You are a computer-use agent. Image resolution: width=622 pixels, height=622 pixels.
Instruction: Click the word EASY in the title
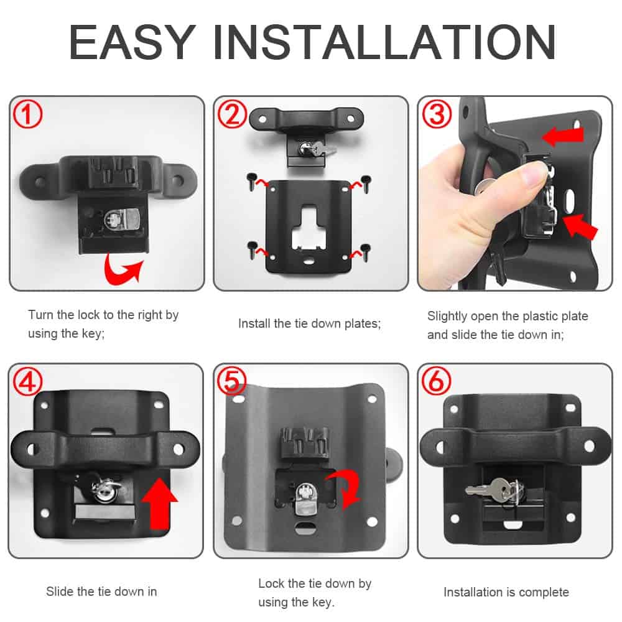point(131,42)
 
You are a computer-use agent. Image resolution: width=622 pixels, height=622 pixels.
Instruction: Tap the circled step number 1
point(28,114)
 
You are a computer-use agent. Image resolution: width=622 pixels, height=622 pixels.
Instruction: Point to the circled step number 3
point(437,114)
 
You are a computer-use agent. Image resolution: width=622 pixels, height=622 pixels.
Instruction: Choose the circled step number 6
point(437,382)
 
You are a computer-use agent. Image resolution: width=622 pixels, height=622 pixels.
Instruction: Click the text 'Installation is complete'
point(506,592)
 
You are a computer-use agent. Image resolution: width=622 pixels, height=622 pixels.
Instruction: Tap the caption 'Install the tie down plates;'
point(309,323)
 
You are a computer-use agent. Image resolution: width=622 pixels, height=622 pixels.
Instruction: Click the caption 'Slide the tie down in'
point(101,592)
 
